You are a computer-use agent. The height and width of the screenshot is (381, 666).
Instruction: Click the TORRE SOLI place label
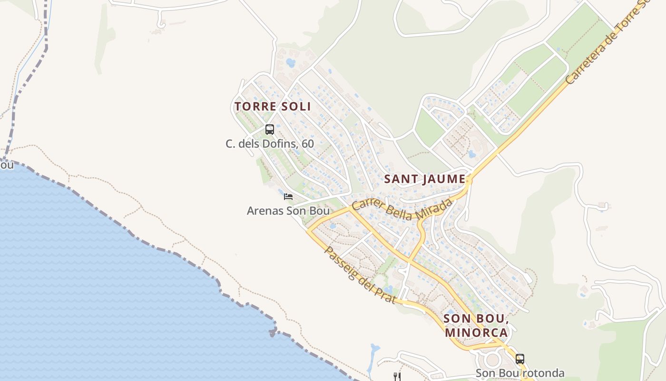[273, 106]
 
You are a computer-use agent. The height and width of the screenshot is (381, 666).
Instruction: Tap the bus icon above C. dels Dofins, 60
[270, 129]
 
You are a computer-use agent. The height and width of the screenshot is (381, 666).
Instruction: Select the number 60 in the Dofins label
[307, 143]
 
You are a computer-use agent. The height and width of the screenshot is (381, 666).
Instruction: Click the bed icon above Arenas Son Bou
[288, 196]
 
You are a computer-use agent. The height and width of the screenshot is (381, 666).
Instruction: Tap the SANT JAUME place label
[424, 179]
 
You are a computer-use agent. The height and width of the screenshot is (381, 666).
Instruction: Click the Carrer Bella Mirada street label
[402, 211]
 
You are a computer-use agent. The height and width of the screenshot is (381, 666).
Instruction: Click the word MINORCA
[476, 332]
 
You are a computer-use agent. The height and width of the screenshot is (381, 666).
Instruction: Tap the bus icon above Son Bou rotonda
[520, 359]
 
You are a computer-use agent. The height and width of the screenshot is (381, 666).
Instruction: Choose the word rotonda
[544, 373]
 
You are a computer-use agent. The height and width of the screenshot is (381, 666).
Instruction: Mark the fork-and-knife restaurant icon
[397, 377]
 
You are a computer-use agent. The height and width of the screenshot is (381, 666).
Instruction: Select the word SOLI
[295, 106]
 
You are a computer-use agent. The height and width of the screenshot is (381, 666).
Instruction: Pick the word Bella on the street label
[402, 213]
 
